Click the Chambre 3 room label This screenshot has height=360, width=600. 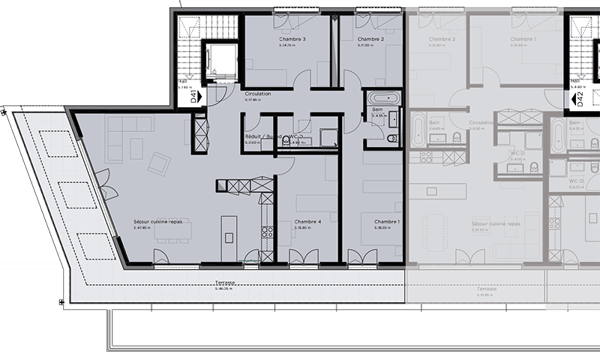[x=291, y=39]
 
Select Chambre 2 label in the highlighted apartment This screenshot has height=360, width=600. [x=370, y=39]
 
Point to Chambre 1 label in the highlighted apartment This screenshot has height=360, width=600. [x=387, y=221]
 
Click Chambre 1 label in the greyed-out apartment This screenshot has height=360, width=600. [x=522, y=39]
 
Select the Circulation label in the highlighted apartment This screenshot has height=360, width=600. [x=258, y=93]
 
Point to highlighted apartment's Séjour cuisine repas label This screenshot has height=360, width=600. [x=158, y=221]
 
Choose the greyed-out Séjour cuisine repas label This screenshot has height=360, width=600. [x=493, y=223]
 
